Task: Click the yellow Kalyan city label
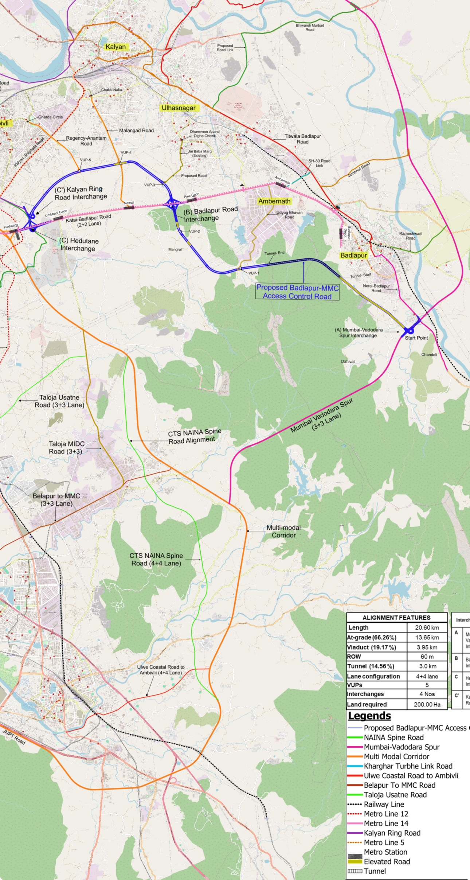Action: point(115,47)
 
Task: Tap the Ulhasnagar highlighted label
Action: point(179,108)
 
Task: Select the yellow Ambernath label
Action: point(274,201)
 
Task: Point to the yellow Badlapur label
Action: point(353,255)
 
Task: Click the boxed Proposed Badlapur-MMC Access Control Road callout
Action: point(297,292)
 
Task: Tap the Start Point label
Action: point(416,338)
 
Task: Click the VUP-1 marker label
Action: point(254,273)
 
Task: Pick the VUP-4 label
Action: point(126,152)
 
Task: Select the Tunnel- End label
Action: point(274,253)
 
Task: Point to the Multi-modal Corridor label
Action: point(283,531)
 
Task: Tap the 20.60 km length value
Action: point(427,627)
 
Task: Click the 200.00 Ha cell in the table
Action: point(427,704)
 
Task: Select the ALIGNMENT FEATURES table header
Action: point(396,618)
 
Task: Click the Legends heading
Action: point(369,716)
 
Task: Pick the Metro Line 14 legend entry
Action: point(386,823)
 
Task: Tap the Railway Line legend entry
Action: point(384,804)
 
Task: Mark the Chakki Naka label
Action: point(111,90)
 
